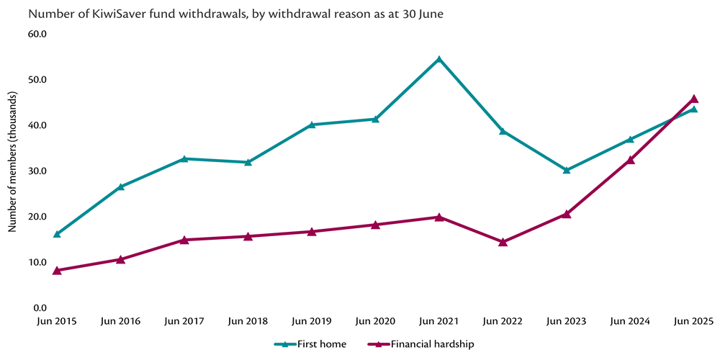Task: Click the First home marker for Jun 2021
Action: coord(439,59)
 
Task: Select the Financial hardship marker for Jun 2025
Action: coord(694,99)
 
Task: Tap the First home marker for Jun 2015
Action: coord(57,234)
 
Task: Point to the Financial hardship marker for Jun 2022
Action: coord(503,242)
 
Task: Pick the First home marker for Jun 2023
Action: coord(567,170)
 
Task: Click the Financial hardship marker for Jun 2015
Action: coord(57,270)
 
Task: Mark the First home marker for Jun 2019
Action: coord(312,125)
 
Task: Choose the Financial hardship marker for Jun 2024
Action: coord(631,160)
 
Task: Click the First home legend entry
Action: coord(310,344)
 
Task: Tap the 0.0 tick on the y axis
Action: coord(40,308)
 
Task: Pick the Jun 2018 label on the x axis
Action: coord(248,321)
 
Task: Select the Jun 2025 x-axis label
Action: coord(694,321)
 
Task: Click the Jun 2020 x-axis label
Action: coord(375,321)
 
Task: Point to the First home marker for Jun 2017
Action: coord(184,158)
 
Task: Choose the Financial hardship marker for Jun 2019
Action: coord(312,231)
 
